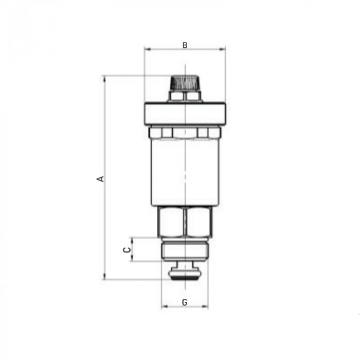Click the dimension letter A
101,179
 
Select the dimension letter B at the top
185,45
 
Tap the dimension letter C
125,249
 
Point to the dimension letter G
185,302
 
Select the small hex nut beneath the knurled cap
185,96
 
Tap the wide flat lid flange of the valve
185,114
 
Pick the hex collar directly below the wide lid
185,133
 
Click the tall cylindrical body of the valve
185,172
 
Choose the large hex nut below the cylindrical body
185,222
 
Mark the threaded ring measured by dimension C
185,251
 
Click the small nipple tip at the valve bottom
185,272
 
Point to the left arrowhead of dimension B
147,49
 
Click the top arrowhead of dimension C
132,240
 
